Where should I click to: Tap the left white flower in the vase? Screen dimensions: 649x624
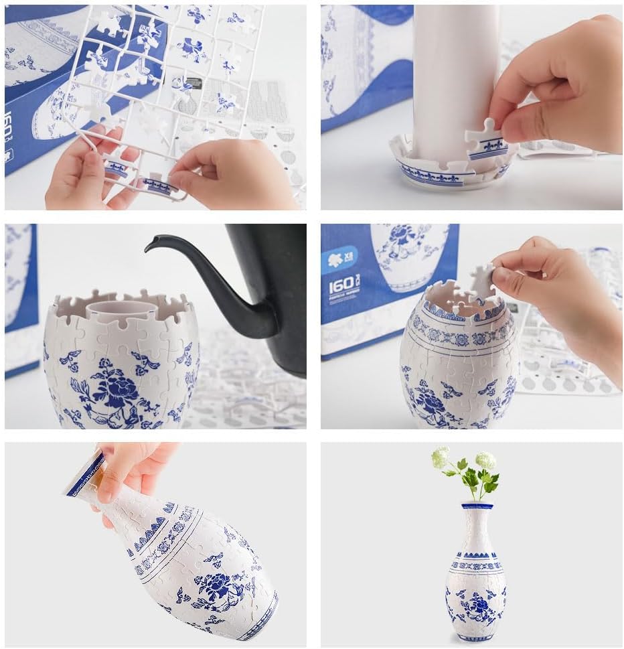(x=440, y=457)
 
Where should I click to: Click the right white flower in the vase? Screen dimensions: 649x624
(x=485, y=461)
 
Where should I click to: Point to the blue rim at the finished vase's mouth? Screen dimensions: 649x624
(x=477, y=506)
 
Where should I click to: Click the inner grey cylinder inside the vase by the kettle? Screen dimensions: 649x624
(x=114, y=309)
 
